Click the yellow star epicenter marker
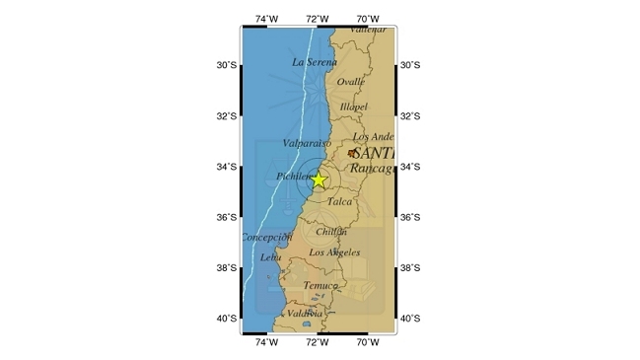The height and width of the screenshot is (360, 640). (318, 180)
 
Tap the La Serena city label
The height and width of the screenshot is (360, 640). (315, 61)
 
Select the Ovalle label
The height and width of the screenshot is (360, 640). (350, 83)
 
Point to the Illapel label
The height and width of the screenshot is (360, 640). (353, 107)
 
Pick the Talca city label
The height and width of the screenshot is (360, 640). (339, 201)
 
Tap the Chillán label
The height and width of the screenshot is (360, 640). (331, 232)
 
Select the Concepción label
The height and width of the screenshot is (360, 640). (267, 237)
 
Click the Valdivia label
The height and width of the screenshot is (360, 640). (305, 314)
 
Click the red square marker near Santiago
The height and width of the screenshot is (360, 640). (351, 153)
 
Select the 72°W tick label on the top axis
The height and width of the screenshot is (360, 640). (318, 19)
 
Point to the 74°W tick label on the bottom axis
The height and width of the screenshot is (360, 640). (266, 343)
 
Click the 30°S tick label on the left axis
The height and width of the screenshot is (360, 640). (227, 66)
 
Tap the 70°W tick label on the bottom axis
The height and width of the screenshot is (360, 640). (369, 343)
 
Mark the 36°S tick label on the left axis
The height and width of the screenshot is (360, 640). (227, 218)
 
